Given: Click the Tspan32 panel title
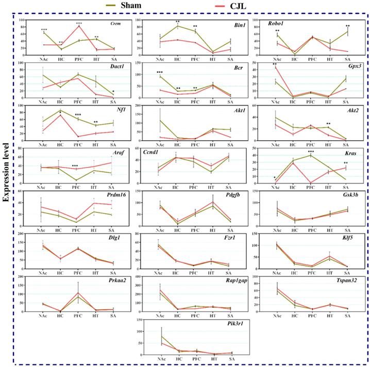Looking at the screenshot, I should click(x=352, y=280).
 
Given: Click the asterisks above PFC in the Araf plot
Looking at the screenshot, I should click(x=75, y=166).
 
